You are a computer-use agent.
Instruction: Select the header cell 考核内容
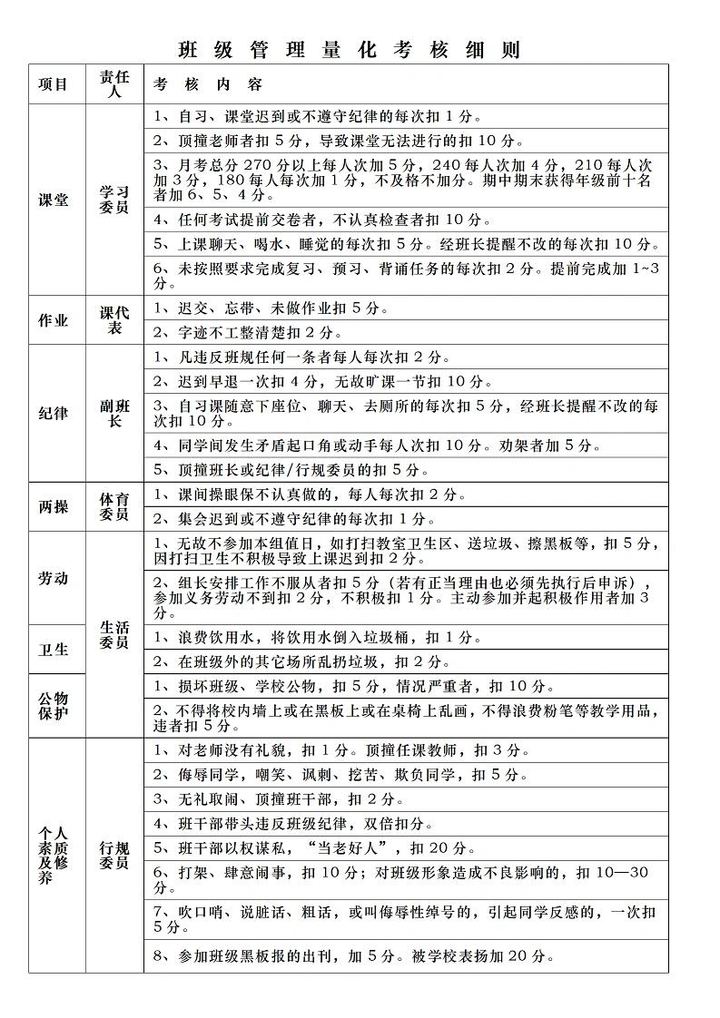[x=208, y=84]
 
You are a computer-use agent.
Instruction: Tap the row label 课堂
[x=53, y=201]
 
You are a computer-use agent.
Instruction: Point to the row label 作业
[x=53, y=320]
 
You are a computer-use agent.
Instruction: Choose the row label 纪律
[x=53, y=413]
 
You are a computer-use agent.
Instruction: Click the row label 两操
[x=53, y=507]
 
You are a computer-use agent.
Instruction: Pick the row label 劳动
[x=53, y=578]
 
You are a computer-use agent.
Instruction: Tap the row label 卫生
[x=53, y=650]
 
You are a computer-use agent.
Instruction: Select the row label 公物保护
[x=53, y=706]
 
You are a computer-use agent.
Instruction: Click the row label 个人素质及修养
[x=53, y=856]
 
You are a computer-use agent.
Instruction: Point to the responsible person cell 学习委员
[x=114, y=201]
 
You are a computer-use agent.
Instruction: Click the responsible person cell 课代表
[x=114, y=320]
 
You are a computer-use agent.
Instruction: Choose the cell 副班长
[x=114, y=413]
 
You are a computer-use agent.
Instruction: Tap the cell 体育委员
[x=114, y=507]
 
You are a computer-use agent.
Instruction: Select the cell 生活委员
[x=114, y=634]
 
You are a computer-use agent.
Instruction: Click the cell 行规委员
[x=114, y=856]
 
